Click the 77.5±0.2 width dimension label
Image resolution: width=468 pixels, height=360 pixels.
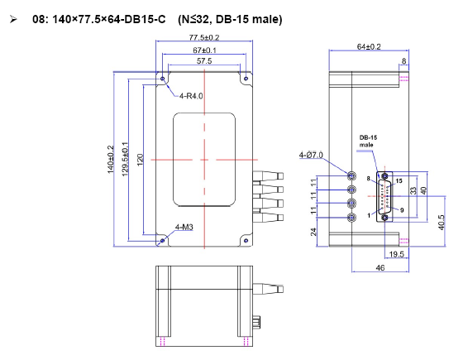[204, 37]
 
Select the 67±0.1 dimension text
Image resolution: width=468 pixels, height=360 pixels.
[204, 50]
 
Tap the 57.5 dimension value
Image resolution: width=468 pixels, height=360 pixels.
[204, 61]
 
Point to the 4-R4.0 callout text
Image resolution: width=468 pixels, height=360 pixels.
[191, 96]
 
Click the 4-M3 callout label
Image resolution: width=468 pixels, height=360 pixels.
[184, 227]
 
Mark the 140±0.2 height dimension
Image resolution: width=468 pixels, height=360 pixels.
[111, 159]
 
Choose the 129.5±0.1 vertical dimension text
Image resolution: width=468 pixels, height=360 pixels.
[125, 159]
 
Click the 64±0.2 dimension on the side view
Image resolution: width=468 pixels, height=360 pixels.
[369, 46]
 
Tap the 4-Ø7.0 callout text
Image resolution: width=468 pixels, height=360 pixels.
[311, 155]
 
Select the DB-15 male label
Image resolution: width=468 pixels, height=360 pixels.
[368, 141]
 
